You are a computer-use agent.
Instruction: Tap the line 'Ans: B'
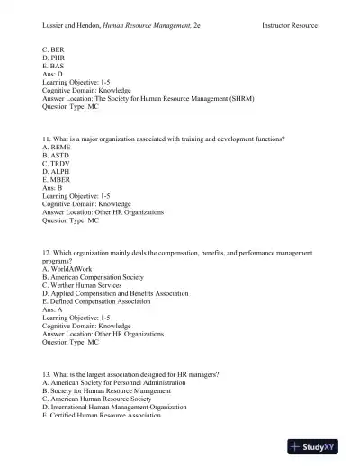[x=54, y=188]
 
